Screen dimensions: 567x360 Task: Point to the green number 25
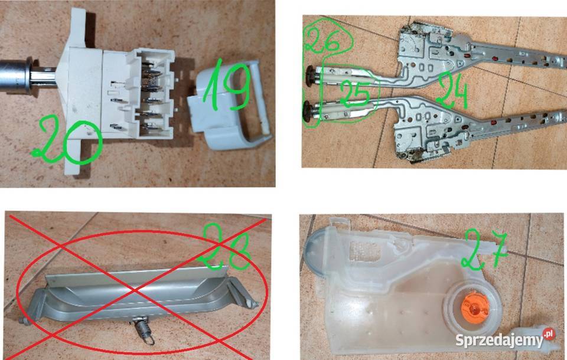355,94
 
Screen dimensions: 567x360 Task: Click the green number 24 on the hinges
452,90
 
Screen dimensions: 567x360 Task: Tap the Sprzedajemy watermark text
500,340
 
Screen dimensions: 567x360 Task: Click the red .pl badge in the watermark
549,333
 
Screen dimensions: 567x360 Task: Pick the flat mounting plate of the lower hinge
426,134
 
